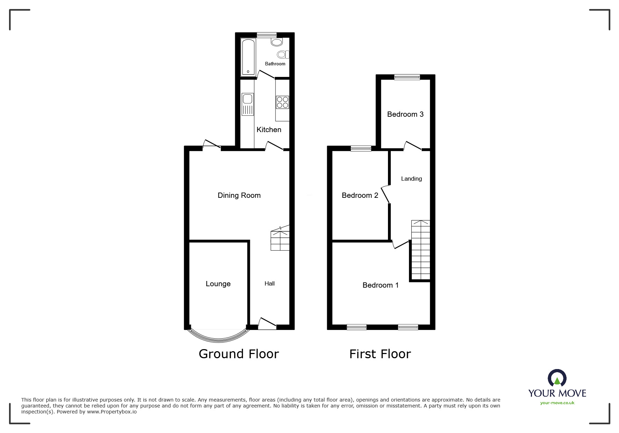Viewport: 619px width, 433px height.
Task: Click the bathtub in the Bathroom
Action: click(x=248, y=57)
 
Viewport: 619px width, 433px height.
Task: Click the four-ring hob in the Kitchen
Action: click(x=282, y=102)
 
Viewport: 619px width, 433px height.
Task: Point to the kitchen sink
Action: click(x=247, y=104)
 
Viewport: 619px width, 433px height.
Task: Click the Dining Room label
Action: click(x=239, y=195)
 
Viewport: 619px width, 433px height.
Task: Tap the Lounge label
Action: click(x=218, y=284)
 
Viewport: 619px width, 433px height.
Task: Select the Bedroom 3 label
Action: click(x=405, y=114)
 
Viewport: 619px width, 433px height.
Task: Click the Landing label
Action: click(x=411, y=179)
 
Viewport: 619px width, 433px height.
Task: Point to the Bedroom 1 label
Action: click(x=380, y=285)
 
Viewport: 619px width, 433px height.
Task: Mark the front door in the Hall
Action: click(x=267, y=324)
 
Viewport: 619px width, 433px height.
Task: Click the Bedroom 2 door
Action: click(x=386, y=194)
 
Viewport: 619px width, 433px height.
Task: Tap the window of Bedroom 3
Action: click(x=407, y=77)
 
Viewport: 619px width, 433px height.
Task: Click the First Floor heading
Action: click(x=380, y=354)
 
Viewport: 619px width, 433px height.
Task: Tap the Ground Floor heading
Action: click(x=239, y=354)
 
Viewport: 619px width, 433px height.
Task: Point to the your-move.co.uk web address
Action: click(x=557, y=403)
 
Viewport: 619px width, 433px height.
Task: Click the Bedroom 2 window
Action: click(x=361, y=149)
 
